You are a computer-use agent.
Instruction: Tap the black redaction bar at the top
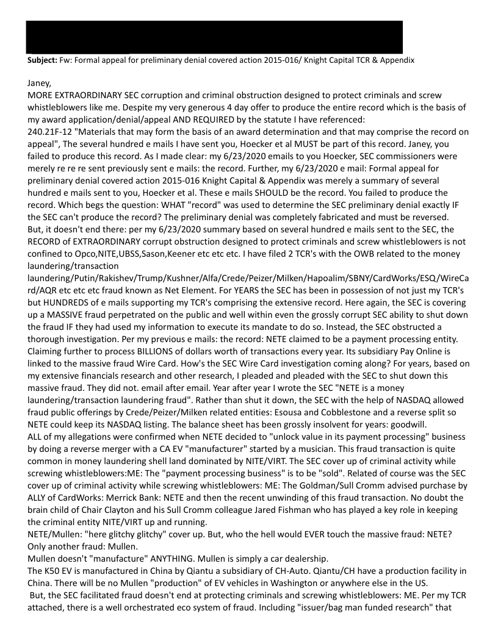214,37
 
